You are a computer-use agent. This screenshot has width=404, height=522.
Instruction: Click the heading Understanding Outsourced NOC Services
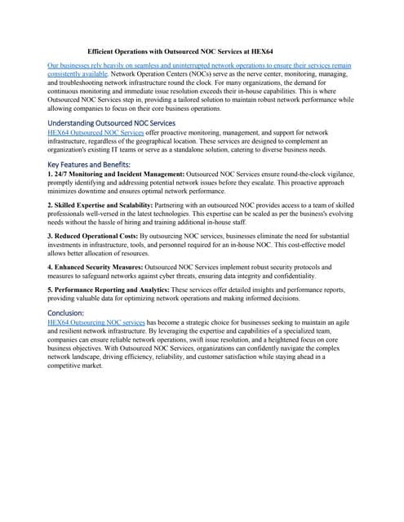pos(112,123)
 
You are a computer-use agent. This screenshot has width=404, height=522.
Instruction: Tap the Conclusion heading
pos(72,312)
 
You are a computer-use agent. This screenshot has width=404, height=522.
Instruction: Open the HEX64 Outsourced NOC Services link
pos(96,132)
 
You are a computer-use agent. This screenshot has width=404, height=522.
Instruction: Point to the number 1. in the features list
pos(51,175)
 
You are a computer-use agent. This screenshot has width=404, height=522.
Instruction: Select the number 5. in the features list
pos(51,290)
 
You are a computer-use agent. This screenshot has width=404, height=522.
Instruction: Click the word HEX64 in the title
pos(262,50)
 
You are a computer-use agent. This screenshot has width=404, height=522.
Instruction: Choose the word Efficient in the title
pos(104,50)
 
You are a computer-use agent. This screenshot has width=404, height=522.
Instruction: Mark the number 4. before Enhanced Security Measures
pos(51,267)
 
